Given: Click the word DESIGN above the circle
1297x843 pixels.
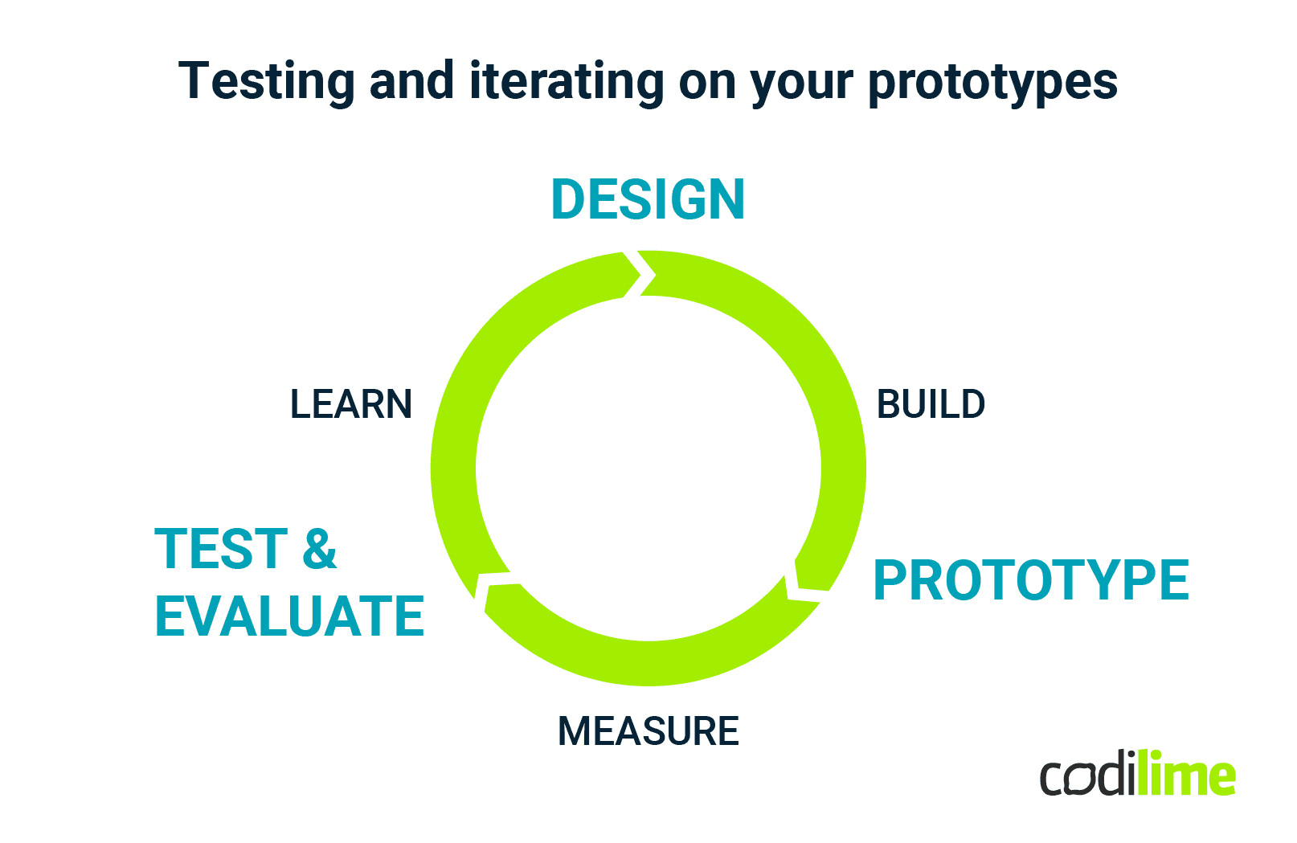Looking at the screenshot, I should pos(648,199).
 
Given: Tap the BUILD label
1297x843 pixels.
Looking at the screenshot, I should pos(931,404).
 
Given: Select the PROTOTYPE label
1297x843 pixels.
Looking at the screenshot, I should pos(1030,580).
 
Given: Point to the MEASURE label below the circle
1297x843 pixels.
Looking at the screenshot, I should pos(648,731).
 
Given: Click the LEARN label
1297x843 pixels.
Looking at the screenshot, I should pos(350,404).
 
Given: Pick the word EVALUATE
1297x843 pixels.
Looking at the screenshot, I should pos(289,617).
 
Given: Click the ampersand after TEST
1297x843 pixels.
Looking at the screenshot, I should pos(319,550).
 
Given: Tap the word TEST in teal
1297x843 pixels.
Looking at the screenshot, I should pos(221,550).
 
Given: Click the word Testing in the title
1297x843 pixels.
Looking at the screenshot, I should pos(266,82).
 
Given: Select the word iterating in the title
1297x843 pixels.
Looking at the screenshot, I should pos(567,82).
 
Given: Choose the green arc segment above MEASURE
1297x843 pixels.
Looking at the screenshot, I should pos(648,663).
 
